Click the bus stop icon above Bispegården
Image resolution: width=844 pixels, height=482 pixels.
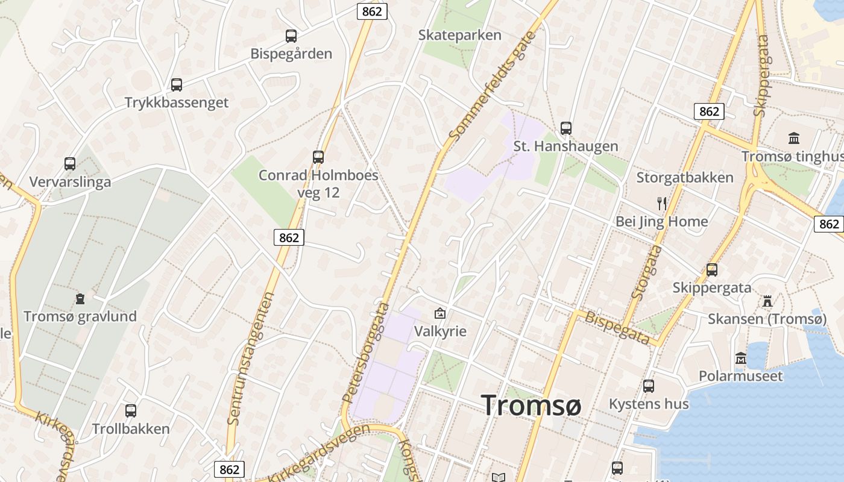(291, 36)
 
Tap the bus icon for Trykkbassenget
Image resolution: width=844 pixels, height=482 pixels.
(177, 85)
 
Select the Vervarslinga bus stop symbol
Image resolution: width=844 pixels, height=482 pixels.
(70, 164)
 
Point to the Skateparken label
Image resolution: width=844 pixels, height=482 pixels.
(460, 35)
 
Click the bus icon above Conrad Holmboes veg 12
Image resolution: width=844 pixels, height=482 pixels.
(318, 157)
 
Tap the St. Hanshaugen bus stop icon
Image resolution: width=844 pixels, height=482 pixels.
(565, 128)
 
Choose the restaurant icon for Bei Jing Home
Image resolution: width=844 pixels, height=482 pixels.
(662, 204)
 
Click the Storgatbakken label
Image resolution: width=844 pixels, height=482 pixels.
(685, 177)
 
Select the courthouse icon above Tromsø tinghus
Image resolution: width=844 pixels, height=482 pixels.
(794, 139)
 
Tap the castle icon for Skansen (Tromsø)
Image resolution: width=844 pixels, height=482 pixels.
(767, 301)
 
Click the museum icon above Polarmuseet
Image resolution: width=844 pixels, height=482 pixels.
(741, 358)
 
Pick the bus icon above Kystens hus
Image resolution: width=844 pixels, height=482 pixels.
(649, 386)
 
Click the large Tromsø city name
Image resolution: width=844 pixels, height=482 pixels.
(531, 405)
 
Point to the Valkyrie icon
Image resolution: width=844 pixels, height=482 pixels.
(440, 313)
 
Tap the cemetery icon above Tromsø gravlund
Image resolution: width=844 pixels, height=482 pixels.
(80, 298)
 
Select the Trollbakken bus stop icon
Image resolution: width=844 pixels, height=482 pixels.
(131, 411)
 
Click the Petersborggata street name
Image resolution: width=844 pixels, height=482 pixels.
(365, 352)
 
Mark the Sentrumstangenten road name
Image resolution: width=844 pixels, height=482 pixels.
(251, 358)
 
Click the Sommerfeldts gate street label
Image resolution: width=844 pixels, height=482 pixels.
(492, 87)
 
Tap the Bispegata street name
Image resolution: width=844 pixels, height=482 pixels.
(617, 328)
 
